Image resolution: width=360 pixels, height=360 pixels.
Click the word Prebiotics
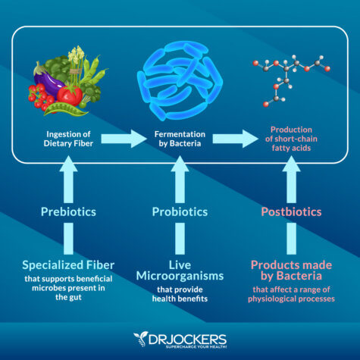coord(68,211)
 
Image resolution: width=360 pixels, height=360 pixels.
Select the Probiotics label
coord(179,211)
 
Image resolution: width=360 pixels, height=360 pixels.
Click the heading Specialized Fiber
coord(68,265)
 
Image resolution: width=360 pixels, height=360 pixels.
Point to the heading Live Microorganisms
coord(179,271)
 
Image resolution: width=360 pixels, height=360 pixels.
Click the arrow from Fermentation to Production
coord(236,139)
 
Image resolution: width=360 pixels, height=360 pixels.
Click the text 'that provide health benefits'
coord(179,296)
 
